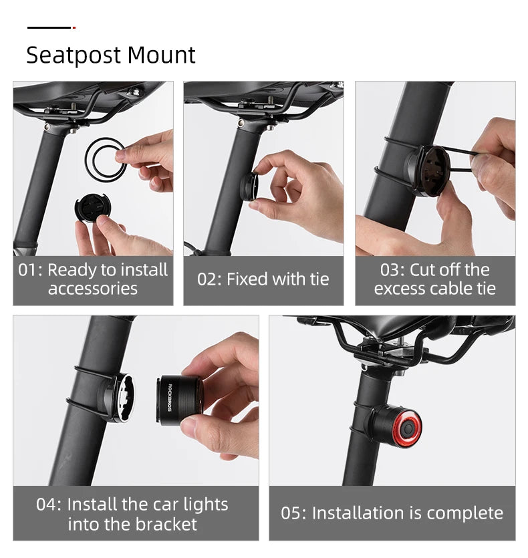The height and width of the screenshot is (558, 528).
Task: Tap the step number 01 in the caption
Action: [30, 271]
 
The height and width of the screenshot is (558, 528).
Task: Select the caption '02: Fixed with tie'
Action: [263, 279]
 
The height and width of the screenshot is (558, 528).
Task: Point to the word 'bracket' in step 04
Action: [165, 524]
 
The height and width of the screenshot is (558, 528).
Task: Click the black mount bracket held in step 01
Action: [92, 208]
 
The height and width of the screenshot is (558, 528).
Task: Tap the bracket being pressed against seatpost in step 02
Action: [249, 186]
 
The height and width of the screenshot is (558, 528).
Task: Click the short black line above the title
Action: [49, 27]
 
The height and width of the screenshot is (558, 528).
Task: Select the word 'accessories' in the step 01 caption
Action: [92, 289]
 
